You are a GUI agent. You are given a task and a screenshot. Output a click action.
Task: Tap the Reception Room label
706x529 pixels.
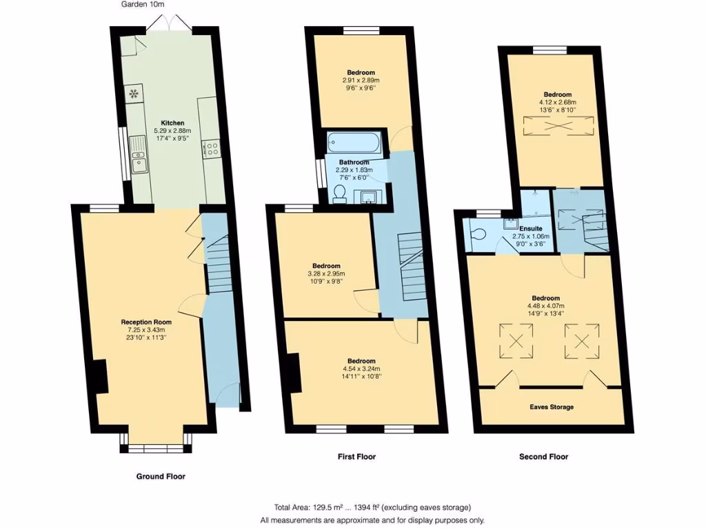click(146, 322)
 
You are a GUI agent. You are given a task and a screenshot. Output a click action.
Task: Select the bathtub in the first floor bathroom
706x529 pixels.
click(353, 143)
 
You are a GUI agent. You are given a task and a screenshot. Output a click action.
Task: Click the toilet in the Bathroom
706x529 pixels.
click(339, 194)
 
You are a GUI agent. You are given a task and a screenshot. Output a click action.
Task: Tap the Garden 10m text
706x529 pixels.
click(143, 5)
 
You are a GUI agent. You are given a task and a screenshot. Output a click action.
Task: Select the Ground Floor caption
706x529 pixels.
click(159, 476)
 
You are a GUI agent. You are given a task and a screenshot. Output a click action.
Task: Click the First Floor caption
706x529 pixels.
click(356, 457)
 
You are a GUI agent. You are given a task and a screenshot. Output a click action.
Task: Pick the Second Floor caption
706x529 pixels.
click(543, 457)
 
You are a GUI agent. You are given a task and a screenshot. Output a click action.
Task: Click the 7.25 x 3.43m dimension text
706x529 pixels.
click(146, 329)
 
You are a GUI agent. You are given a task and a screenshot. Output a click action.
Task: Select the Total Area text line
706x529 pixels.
click(372, 508)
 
